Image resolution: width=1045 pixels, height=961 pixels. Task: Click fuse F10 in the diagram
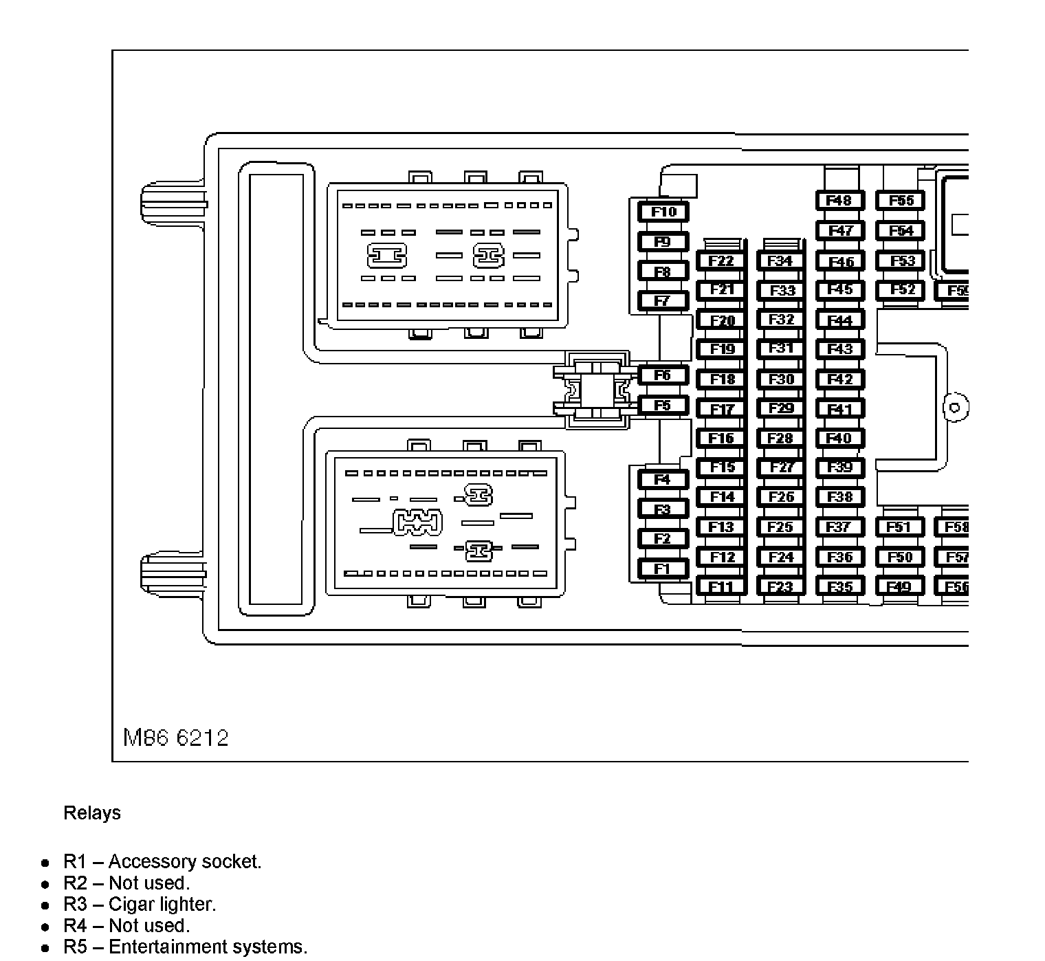click(x=663, y=212)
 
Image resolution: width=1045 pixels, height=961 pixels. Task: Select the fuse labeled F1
click(x=662, y=569)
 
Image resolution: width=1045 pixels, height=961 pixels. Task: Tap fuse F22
click(x=721, y=261)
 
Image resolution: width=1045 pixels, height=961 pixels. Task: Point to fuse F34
click(x=780, y=261)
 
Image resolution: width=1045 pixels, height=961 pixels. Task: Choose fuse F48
click(x=839, y=201)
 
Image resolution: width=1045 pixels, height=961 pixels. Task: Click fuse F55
click(x=900, y=201)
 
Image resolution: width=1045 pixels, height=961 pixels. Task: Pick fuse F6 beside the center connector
click(x=662, y=375)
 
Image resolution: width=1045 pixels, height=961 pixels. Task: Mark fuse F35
click(x=839, y=587)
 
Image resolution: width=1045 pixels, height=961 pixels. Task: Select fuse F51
click(x=899, y=527)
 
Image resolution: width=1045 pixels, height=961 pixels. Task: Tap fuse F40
click(x=839, y=439)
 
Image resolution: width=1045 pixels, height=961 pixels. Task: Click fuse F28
click(x=780, y=439)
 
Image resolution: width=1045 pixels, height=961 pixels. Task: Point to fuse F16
click(x=721, y=439)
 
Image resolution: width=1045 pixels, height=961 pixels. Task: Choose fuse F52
click(x=900, y=290)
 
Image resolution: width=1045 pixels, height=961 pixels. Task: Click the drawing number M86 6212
click(x=176, y=738)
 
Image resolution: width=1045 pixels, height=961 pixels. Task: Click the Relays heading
click(x=92, y=813)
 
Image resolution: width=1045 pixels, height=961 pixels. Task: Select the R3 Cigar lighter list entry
click(x=140, y=905)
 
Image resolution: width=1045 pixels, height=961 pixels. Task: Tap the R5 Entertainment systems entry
click(x=185, y=947)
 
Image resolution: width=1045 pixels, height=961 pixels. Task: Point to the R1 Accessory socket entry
click(x=162, y=862)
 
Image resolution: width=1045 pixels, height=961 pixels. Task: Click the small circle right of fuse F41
click(x=955, y=408)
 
